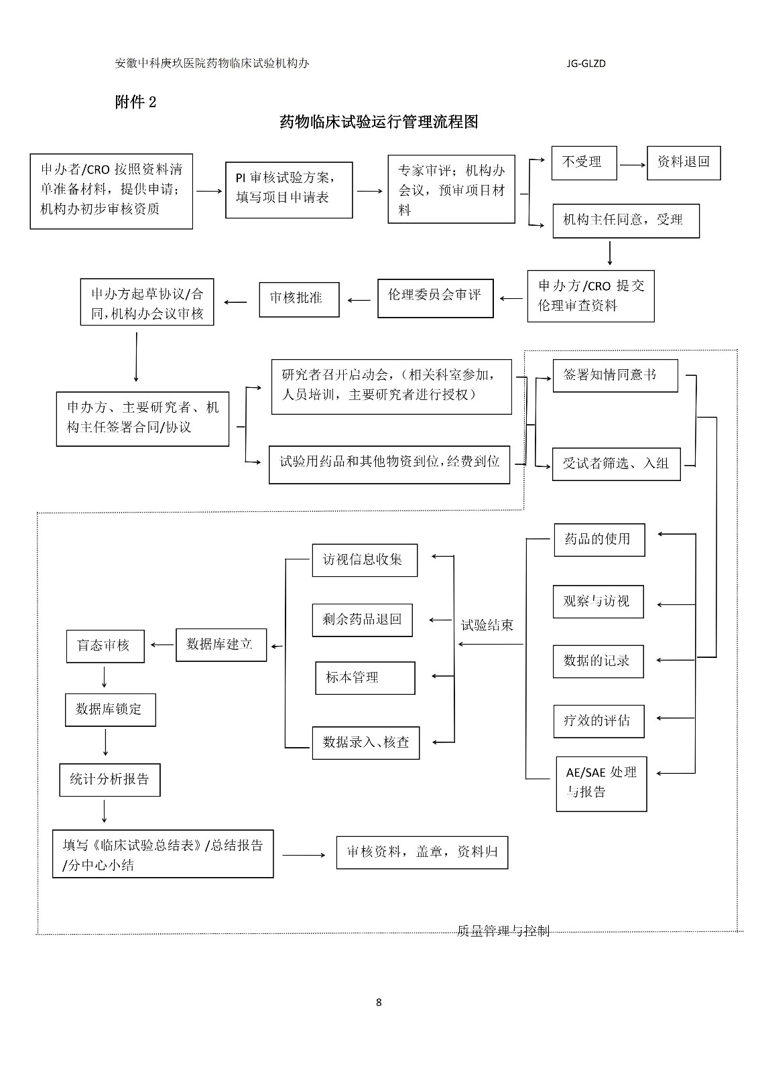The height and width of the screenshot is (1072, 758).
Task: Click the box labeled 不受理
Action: (583, 162)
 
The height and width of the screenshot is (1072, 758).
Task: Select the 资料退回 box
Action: (683, 162)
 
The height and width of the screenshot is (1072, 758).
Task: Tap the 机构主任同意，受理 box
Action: (625, 220)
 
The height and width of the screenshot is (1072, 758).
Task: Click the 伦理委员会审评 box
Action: (435, 297)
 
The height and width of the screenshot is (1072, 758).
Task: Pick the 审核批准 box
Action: (298, 299)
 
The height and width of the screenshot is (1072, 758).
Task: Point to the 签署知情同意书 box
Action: (615, 375)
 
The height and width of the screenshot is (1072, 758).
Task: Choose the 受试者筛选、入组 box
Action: (616, 464)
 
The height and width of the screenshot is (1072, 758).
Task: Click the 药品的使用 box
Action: (598, 539)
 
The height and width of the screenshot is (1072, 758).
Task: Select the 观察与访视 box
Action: (598, 601)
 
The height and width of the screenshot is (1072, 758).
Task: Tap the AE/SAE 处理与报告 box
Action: (601, 783)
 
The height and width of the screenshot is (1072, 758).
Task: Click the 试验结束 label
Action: (487, 625)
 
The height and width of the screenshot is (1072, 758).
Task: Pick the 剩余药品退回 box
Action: (362, 620)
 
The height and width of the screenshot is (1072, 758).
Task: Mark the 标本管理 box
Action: (365, 678)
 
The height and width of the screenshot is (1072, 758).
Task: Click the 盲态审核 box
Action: (105, 646)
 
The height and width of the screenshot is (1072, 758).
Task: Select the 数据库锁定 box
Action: (110, 710)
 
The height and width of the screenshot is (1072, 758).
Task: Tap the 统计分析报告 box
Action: (109, 779)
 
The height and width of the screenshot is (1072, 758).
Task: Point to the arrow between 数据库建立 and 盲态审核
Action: (161, 645)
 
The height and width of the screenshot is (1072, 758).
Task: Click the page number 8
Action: (379, 1002)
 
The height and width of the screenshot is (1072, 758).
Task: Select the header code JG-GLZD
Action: (586, 64)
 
